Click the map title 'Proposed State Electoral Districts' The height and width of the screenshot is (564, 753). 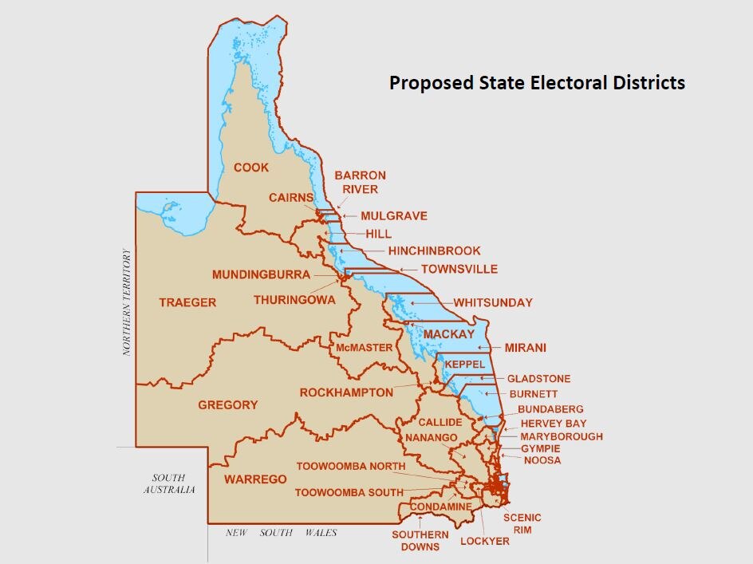tap(537, 82)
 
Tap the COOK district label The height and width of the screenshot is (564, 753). tap(251, 168)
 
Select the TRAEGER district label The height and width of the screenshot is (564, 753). tap(187, 302)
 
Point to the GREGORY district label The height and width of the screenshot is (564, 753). tap(228, 404)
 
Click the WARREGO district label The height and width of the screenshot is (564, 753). tap(255, 479)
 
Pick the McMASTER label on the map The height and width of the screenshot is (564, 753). tap(364, 348)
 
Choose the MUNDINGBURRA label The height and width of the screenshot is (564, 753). tap(261, 274)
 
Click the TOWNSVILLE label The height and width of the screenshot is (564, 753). tap(459, 269)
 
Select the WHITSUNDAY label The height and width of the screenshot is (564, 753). tap(493, 302)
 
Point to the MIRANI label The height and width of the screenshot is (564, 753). tap(525, 348)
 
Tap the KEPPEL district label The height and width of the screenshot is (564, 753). tap(464, 364)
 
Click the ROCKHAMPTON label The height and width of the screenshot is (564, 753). tap(346, 392)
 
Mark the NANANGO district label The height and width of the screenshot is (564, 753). tap(431, 438)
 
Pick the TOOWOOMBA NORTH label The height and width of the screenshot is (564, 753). tap(350, 466)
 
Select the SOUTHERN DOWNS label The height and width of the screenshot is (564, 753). tap(420, 540)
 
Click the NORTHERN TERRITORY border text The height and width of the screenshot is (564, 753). tap(126, 302)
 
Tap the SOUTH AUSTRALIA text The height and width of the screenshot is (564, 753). tap(169, 483)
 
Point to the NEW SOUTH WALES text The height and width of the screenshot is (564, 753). tap(281, 533)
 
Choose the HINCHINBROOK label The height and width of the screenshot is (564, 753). tap(435, 250)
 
